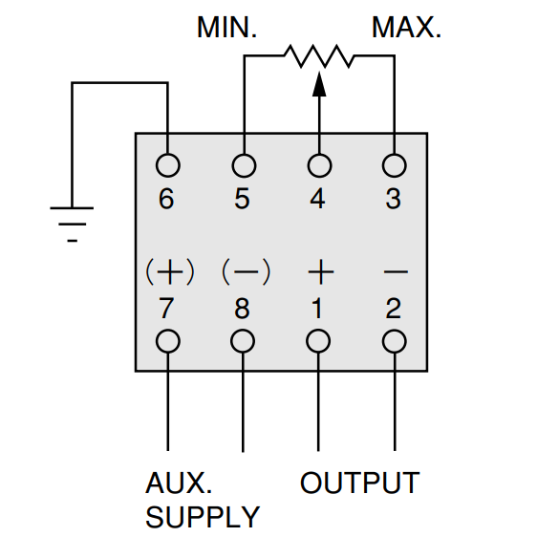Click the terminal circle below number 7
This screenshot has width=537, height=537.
(168, 330)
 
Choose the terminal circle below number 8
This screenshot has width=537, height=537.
(243, 330)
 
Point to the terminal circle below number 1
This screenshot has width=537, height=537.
(318, 330)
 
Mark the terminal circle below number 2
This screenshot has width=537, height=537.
(395, 330)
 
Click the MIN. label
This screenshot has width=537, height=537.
(226, 28)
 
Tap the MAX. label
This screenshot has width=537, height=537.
(406, 28)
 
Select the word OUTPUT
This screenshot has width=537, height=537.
(360, 483)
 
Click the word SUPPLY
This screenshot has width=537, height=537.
(203, 517)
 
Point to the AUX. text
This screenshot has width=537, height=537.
(179, 483)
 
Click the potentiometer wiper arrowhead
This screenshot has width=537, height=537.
(319, 84)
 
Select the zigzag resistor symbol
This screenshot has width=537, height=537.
(319, 55)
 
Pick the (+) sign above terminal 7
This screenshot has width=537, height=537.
(170, 272)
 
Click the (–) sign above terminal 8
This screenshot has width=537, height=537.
(247, 272)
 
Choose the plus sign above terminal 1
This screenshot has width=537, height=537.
(320, 272)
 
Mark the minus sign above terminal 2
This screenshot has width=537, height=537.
(396, 272)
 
